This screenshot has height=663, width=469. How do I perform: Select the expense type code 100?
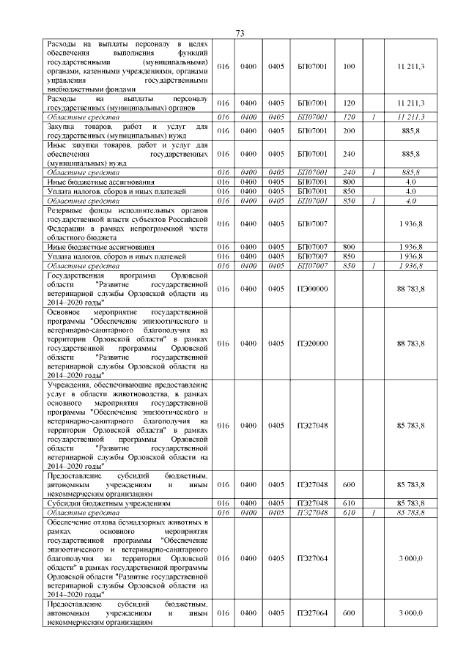pyautogui.click(x=349, y=67)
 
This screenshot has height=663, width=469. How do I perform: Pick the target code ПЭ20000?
pyautogui.click(x=313, y=343)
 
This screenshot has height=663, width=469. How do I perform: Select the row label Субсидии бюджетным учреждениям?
pyautogui.click(x=108, y=503)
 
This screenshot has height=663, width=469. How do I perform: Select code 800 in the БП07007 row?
pyautogui.click(x=349, y=246)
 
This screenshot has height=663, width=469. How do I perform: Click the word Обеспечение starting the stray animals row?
pyautogui.click(x=70, y=522)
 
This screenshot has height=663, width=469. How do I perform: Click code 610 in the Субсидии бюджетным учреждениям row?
pyautogui.click(x=349, y=504)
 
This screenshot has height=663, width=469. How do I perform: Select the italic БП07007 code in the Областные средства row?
pyautogui.click(x=313, y=266)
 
